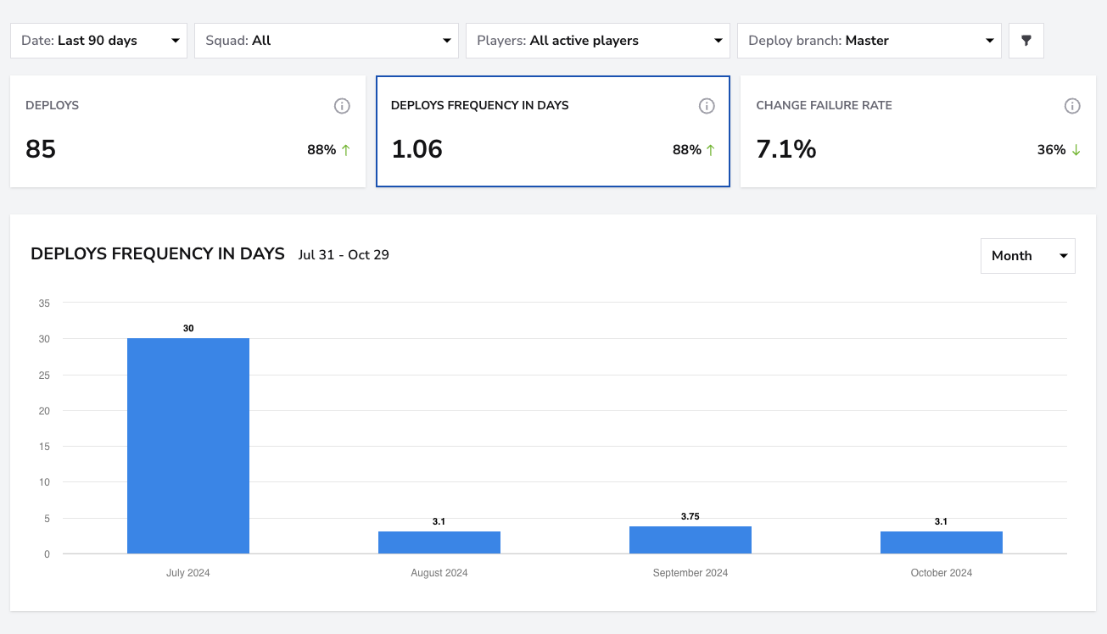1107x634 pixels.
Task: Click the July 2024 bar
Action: (188, 446)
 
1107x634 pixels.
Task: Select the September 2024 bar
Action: (690, 540)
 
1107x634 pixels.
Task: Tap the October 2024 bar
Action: (942, 542)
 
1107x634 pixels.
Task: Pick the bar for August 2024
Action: (439, 542)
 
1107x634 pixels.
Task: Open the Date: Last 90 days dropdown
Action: (99, 41)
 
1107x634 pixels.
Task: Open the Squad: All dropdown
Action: (327, 41)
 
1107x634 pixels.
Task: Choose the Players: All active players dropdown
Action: (598, 41)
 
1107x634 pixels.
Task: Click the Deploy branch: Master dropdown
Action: (869, 41)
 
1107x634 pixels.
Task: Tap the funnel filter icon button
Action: (1026, 41)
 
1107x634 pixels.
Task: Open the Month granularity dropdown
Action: (1028, 256)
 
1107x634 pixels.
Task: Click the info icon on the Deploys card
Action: (342, 106)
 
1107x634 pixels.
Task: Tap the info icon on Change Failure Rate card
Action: (1072, 106)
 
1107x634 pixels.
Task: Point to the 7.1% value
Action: (786, 149)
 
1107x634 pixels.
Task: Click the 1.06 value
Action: (417, 149)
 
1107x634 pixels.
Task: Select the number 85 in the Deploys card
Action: (41, 149)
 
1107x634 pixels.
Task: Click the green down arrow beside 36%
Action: (1076, 150)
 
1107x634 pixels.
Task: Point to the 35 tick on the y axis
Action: (44, 303)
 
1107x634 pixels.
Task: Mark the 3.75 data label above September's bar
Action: (690, 516)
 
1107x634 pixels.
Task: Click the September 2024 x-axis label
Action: (690, 573)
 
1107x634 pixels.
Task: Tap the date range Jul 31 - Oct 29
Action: (344, 255)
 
